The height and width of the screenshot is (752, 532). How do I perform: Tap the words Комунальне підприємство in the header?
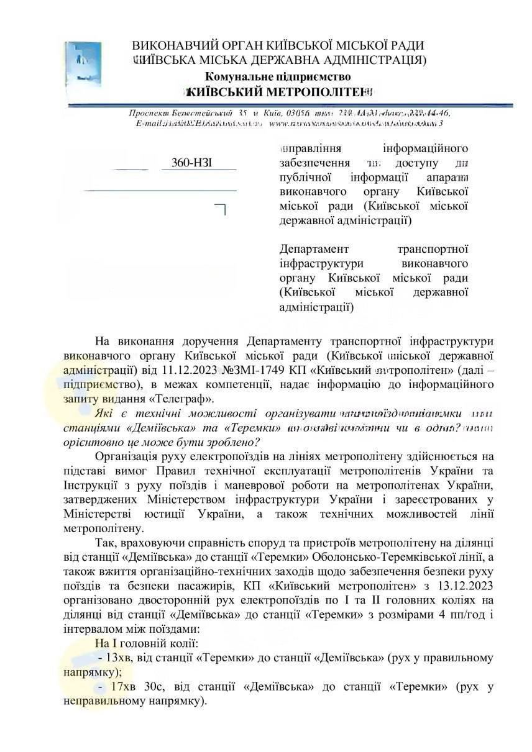[278, 76]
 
